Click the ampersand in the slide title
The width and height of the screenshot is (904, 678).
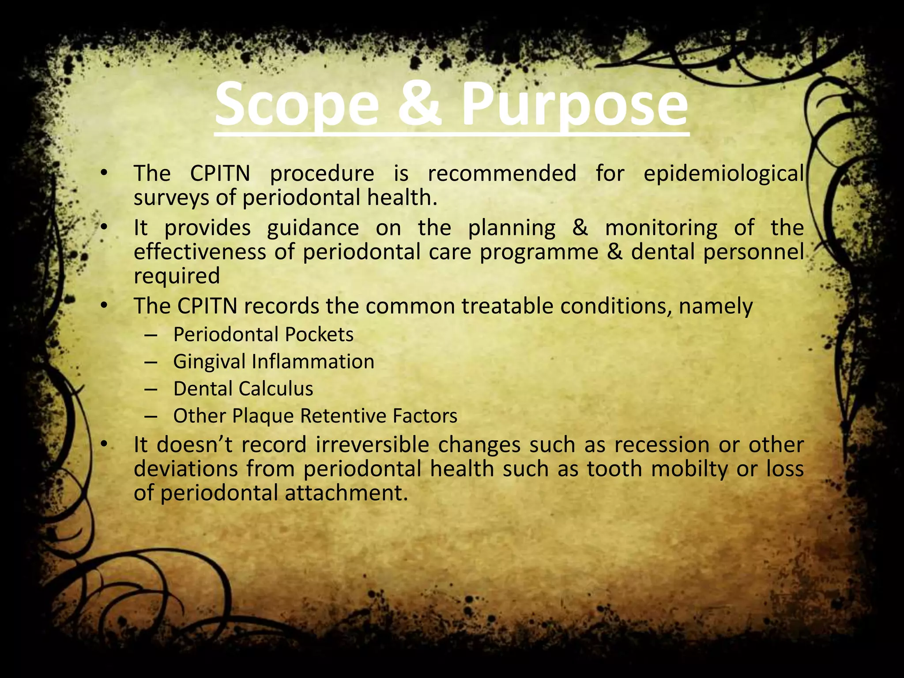click(419, 105)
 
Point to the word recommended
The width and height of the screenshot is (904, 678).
click(502, 173)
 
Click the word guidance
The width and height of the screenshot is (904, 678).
click(313, 228)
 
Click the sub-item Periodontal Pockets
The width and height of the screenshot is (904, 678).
click(263, 335)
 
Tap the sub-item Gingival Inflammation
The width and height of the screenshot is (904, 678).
click(274, 362)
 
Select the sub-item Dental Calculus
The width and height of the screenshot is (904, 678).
click(243, 389)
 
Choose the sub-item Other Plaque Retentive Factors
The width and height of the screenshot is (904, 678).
click(315, 416)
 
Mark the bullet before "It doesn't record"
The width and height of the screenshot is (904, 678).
click(103, 444)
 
